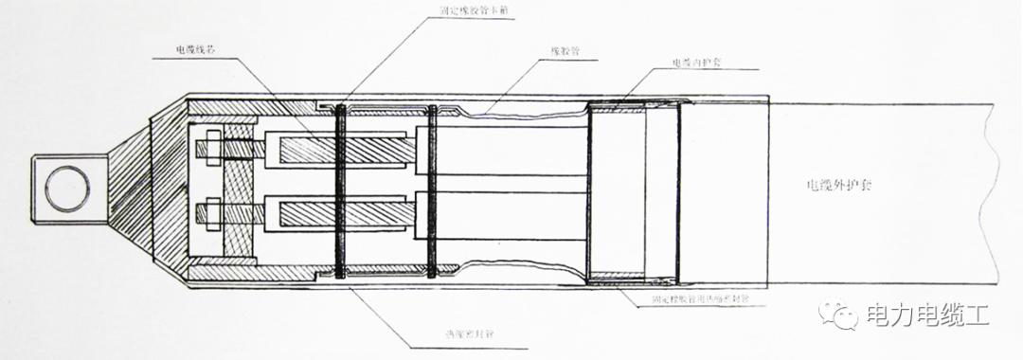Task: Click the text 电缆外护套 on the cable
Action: pyautogui.click(x=834, y=187)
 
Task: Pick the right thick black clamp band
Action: pyautogui.click(x=432, y=189)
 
